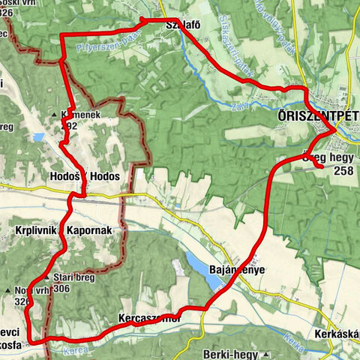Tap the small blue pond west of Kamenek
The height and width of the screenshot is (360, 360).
coord(37,137)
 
